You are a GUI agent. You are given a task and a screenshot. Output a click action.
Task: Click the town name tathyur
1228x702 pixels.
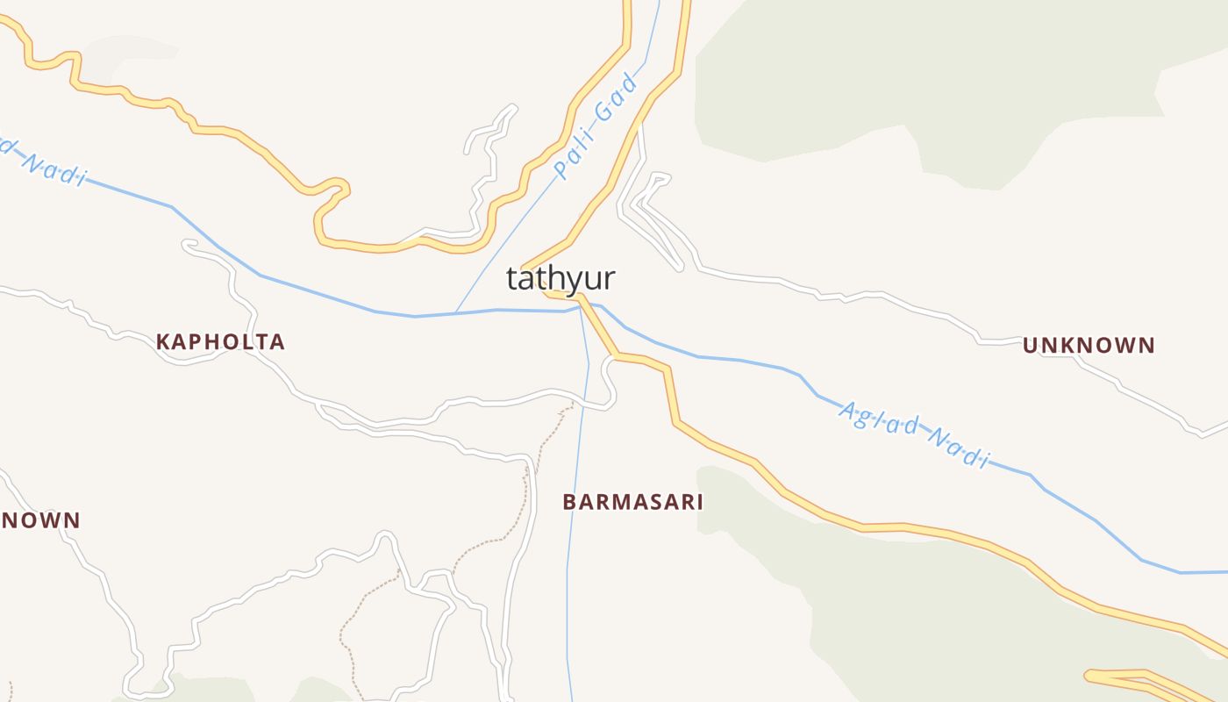click(x=560, y=278)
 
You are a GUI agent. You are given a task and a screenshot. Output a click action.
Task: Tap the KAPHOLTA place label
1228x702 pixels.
click(x=220, y=342)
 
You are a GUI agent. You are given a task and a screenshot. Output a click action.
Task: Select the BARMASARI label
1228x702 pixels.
click(x=632, y=502)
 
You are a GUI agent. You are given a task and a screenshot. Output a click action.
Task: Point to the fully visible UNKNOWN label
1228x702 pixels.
click(x=1089, y=346)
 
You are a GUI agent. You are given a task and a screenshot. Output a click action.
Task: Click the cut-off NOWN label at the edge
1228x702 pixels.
click(x=40, y=520)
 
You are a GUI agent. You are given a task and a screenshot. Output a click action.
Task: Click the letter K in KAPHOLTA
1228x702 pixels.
click(x=163, y=342)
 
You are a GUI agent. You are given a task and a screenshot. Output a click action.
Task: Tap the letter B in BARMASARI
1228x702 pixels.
click(x=569, y=502)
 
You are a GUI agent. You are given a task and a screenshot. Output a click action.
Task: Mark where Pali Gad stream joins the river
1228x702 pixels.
click(x=455, y=312)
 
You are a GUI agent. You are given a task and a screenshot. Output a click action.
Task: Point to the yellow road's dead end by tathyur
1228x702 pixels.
click(x=524, y=267)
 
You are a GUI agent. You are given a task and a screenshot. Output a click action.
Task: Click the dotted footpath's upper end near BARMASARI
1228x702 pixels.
click(x=573, y=404)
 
